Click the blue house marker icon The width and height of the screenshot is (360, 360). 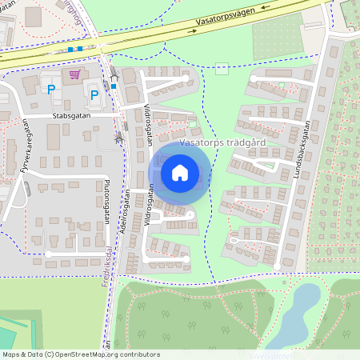coord(180,172)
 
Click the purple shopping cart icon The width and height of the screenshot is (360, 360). coord(74,74)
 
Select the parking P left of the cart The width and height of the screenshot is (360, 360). coord(51,90)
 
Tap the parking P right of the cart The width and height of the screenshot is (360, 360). coord(94,95)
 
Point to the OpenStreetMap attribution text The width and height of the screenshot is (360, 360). coord(80,354)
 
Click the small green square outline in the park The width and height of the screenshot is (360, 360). coord(222,67)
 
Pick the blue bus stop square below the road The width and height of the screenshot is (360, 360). coord(114,86)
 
